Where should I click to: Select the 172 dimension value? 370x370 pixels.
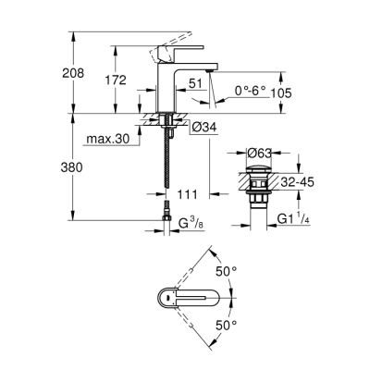coord(115,81)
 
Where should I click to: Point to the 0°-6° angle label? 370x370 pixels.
coord(249,91)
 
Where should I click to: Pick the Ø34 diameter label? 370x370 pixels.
coord(206,126)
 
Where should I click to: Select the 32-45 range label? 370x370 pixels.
coord(299,182)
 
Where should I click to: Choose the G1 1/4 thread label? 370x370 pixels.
coord(299,218)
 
